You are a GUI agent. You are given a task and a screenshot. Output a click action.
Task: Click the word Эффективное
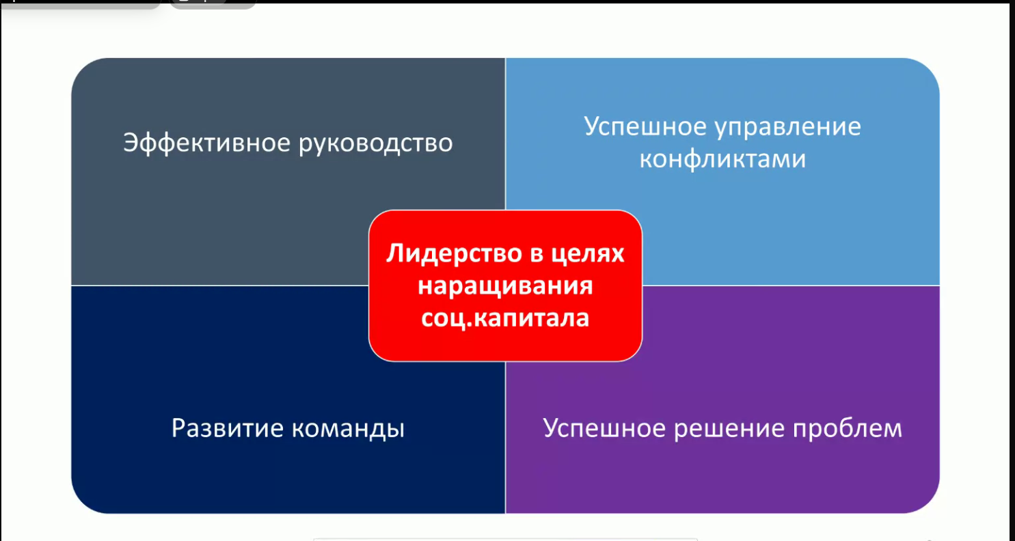206,143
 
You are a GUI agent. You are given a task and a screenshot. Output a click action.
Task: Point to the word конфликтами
722,159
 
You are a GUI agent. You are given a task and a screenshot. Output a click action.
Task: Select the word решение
729,429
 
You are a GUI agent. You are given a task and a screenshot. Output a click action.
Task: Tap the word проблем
848,429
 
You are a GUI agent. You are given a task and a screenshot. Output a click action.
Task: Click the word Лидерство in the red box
455,254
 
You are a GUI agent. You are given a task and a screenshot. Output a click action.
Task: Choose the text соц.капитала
505,318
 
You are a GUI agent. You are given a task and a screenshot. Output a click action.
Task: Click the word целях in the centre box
588,254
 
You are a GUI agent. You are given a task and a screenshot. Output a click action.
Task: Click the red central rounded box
505,286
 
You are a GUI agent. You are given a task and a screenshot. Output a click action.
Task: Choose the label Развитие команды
288,429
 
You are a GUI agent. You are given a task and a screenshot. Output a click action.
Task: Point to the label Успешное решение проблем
722,429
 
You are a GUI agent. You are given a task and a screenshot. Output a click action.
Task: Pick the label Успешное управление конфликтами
722,143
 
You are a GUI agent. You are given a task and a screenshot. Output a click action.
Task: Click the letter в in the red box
537,254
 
